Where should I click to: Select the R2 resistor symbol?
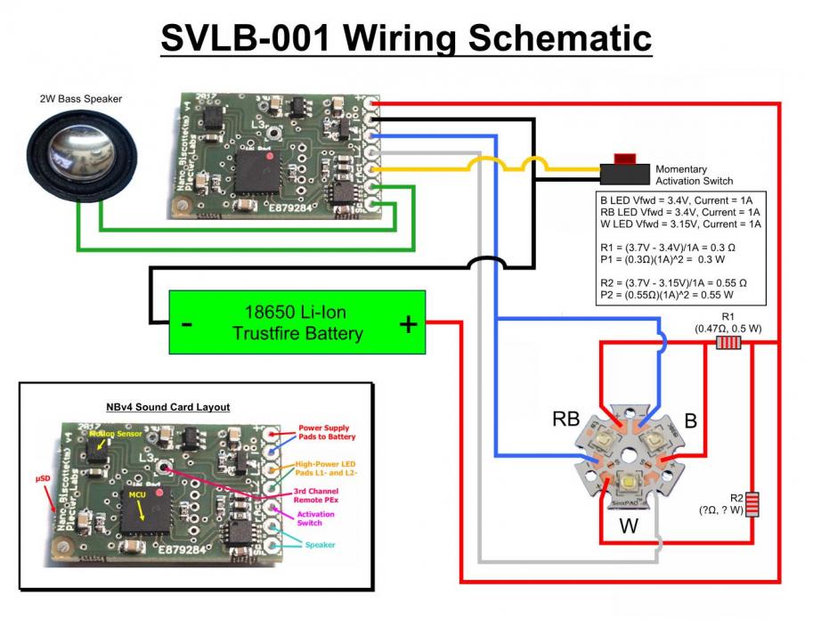(752, 504)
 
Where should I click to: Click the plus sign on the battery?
(408, 323)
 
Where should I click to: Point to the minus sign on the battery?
(186, 323)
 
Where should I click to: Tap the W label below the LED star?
(629, 526)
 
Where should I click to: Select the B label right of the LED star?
(690, 420)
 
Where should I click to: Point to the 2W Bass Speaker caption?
(80, 99)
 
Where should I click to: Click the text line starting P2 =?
(667, 294)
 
